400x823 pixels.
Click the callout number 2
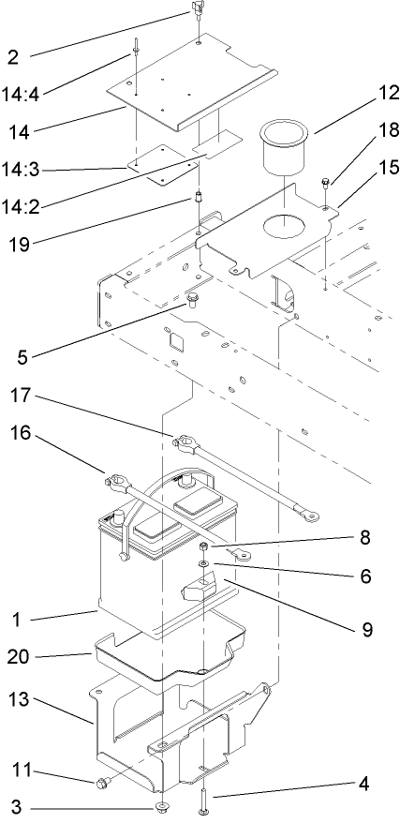[x=13, y=56]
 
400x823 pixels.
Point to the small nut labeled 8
[x=203, y=546]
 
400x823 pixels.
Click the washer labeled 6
[x=202, y=563]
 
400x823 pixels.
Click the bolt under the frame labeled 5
[x=194, y=300]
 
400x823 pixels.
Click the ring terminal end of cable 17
[x=310, y=515]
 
